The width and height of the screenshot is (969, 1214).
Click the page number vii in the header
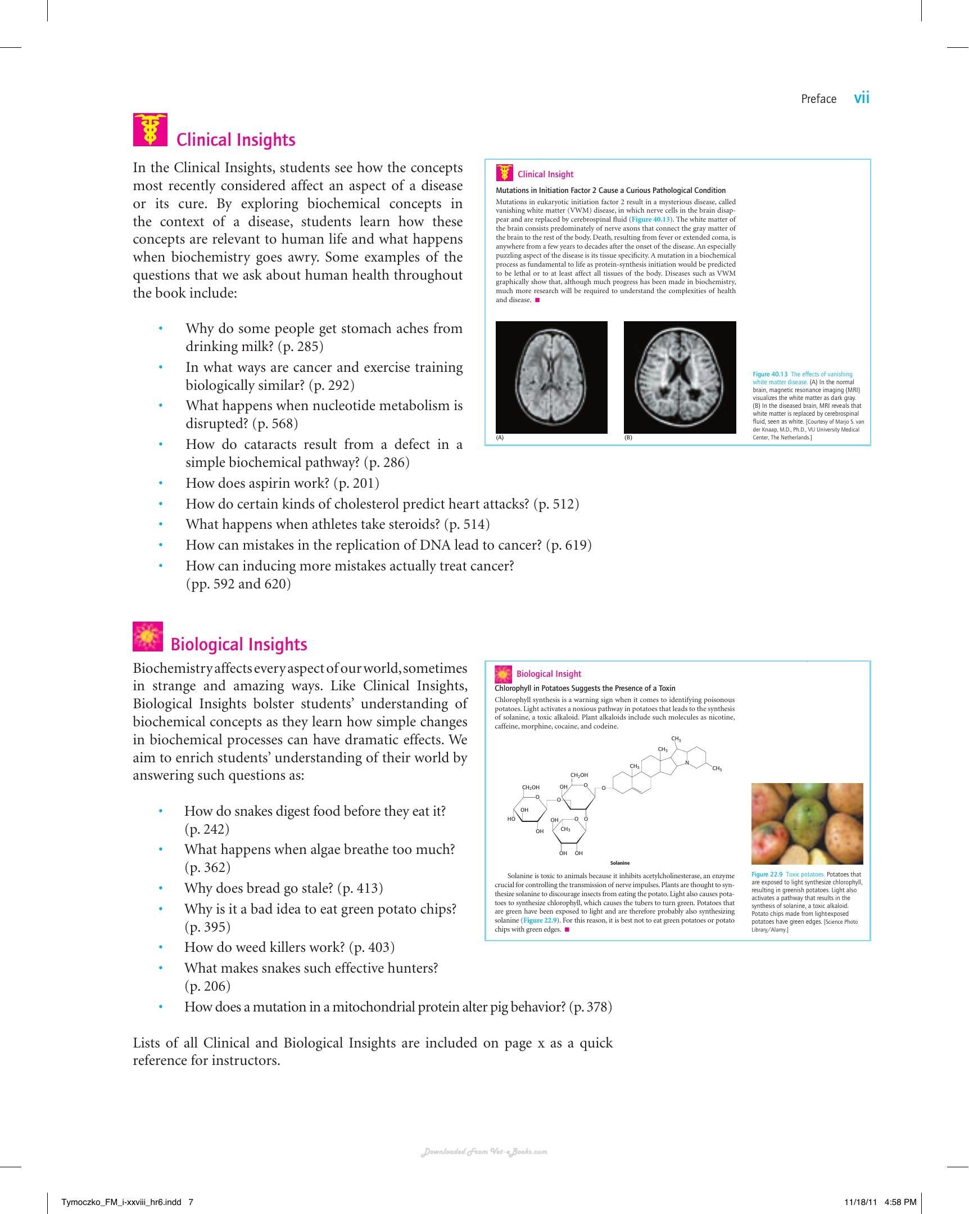(862, 98)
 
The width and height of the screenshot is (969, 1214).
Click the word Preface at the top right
(819, 99)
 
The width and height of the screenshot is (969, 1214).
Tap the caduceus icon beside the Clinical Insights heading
(150, 129)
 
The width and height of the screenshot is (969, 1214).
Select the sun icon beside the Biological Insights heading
(148, 636)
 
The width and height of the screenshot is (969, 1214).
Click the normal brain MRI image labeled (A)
(551, 377)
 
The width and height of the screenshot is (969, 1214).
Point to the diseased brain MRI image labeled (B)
(680, 377)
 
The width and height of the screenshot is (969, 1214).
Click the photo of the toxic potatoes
(807, 823)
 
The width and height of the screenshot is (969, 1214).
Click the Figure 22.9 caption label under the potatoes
(767, 874)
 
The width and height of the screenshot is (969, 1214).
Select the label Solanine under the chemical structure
(619, 862)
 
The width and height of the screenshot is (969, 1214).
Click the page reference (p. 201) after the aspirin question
(356, 483)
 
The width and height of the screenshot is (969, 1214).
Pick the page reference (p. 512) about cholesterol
(556, 504)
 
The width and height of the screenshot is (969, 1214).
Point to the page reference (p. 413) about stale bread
(360, 888)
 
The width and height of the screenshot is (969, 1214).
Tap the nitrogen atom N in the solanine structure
(687, 763)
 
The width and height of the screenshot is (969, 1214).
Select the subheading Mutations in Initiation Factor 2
(574, 190)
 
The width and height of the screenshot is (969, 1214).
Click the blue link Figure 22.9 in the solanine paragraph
(540, 920)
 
